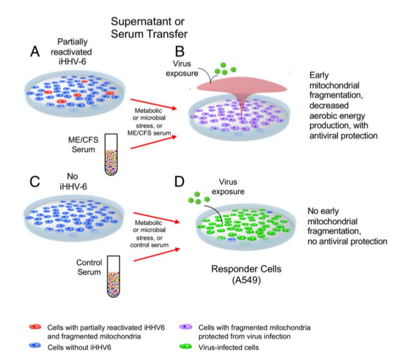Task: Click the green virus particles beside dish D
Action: click(x=201, y=198)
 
